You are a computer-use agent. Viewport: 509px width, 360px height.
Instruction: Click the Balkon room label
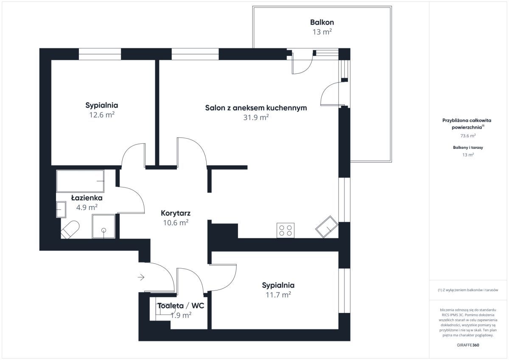[x=322, y=22]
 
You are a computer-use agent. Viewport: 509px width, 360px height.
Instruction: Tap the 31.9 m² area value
[x=256, y=117]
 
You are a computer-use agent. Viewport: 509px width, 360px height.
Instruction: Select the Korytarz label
[x=176, y=213]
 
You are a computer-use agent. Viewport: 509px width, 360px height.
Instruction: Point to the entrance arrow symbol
[x=141, y=277]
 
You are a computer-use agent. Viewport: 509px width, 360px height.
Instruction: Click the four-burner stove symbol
[x=285, y=230]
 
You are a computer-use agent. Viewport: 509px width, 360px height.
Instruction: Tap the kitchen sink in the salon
[x=327, y=227]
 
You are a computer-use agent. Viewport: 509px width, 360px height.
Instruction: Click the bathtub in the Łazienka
[x=80, y=181]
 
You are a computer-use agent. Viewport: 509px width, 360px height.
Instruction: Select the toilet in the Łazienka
[x=70, y=229]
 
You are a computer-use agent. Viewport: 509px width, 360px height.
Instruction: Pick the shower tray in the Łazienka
[x=103, y=226]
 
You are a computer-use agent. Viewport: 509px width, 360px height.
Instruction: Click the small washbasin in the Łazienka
[x=61, y=209]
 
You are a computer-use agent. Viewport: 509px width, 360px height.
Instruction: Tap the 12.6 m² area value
[x=101, y=115]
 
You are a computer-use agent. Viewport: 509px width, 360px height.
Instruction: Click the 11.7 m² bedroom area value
[x=278, y=295]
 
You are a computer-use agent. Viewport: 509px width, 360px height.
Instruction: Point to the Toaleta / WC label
[x=181, y=306]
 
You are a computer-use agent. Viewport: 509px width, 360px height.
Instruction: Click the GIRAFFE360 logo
[x=468, y=345]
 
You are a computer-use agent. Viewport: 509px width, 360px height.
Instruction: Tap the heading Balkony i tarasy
[x=468, y=148]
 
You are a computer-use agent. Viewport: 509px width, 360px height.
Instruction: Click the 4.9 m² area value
[x=87, y=207]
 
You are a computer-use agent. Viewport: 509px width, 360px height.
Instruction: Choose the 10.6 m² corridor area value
[x=176, y=223]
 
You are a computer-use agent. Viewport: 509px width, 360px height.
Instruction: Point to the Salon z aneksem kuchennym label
[x=256, y=108]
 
